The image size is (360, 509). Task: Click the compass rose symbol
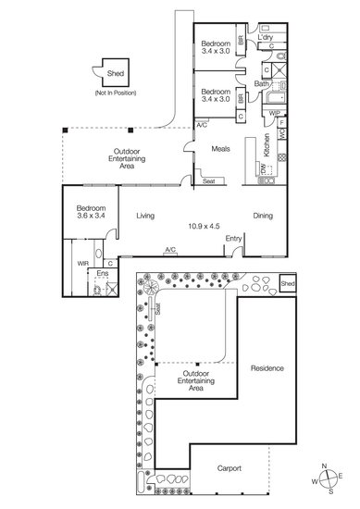click(327, 478)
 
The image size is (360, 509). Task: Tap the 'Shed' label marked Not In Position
click(116, 73)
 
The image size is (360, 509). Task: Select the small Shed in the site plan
click(288, 283)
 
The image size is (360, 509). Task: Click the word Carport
click(230, 468)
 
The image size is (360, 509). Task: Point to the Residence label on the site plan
click(267, 368)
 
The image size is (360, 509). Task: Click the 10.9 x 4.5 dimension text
click(204, 226)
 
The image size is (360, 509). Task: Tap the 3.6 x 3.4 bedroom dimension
click(91, 216)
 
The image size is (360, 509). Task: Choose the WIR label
click(82, 264)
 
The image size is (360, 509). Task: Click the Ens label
click(103, 273)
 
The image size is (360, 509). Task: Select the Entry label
click(233, 239)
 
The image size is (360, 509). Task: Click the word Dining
click(263, 216)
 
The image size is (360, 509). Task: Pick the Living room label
click(145, 216)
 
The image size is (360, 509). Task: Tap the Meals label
click(221, 149)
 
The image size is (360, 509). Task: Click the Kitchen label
click(267, 145)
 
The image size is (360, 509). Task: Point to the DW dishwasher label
click(263, 168)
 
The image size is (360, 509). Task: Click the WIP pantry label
click(275, 113)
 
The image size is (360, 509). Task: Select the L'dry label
click(266, 37)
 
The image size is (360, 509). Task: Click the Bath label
click(261, 83)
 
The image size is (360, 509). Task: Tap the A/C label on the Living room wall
click(170, 250)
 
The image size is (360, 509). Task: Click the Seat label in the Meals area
click(208, 181)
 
